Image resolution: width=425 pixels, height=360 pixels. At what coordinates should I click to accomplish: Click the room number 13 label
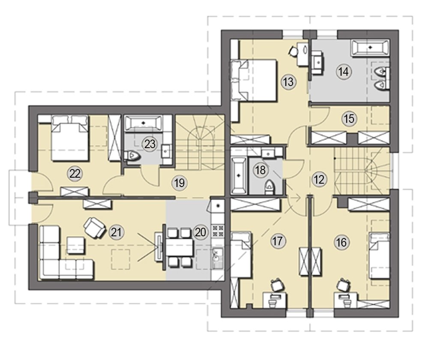[288, 81]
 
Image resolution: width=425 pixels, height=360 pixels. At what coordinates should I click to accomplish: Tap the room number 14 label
[344, 72]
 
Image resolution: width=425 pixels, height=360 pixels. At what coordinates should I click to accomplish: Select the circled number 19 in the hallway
[180, 183]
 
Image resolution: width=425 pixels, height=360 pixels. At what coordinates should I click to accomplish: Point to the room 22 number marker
[75, 174]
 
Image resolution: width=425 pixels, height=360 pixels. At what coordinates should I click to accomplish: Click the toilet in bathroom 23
[132, 156]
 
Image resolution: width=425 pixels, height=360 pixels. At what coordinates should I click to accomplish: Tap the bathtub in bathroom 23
[144, 123]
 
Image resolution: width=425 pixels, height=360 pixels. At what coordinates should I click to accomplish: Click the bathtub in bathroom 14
[370, 48]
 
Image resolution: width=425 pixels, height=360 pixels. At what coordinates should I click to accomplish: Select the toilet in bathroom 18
[269, 187]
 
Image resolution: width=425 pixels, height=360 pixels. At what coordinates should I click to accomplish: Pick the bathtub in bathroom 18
[239, 175]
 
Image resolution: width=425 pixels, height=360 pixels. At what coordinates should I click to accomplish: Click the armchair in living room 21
[94, 227]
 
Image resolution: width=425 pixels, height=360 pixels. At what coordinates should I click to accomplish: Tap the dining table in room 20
[179, 247]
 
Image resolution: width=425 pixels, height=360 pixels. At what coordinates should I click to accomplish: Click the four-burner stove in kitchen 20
[217, 231]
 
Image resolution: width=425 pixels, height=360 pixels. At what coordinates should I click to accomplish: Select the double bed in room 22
[70, 138]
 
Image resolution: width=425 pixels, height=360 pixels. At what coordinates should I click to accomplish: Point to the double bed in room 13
[254, 80]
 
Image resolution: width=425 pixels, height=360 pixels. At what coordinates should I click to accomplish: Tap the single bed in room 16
[380, 256]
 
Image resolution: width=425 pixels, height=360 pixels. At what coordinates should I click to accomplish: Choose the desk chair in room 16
[344, 285]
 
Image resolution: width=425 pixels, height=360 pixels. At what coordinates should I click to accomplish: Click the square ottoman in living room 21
[76, 245]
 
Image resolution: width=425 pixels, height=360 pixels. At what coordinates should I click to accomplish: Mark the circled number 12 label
[319, 179]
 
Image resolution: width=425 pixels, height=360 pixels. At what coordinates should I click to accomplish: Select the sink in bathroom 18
[268, 154]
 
